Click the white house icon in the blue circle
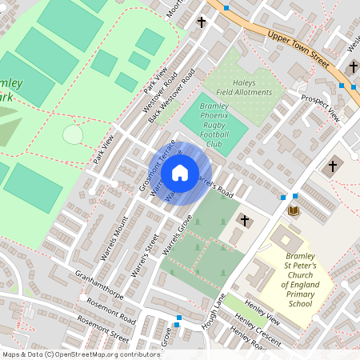[180, 173]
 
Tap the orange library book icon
[294, 210]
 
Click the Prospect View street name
[320, 108]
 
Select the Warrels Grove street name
[178, 239]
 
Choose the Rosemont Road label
[111, 313]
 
